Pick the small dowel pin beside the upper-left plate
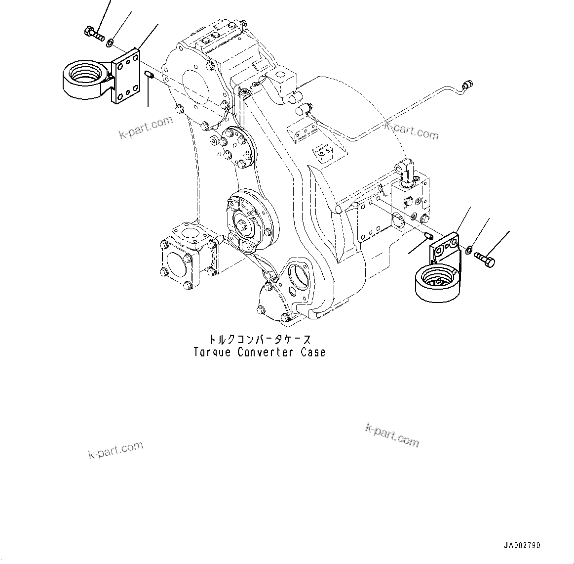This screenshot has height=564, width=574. [x=150, y=75]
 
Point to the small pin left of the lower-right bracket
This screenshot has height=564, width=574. [x=428, y=236]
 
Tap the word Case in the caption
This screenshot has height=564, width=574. [x=313, y=352]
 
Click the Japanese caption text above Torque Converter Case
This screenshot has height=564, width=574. [x=259, y=340]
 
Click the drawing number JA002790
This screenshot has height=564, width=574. [x=522, y=546]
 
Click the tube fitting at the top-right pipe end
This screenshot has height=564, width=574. [x=467, y=85]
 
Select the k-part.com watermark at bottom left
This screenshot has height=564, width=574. [x=116, y=450]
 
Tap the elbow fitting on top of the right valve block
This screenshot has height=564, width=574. [x=405, y=174]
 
